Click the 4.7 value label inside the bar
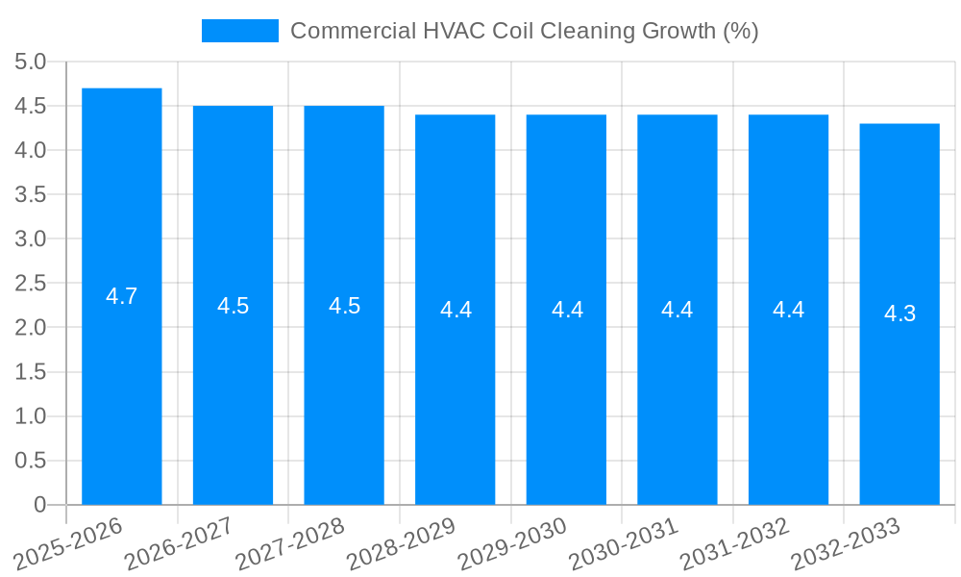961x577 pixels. (122, 296)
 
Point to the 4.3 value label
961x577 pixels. (899, 314)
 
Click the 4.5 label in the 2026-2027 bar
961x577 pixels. (233, 306)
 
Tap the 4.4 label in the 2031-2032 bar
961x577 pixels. (788, 310)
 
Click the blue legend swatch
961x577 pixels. (239, 31)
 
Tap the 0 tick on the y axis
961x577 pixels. (39, 505)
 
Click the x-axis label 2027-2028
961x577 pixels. (290, 544)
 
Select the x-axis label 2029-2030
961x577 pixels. (512, 544)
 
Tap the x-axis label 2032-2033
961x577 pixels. (846, 544)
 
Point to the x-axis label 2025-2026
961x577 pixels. (68, 544)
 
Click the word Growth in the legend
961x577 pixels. (680, 31)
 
